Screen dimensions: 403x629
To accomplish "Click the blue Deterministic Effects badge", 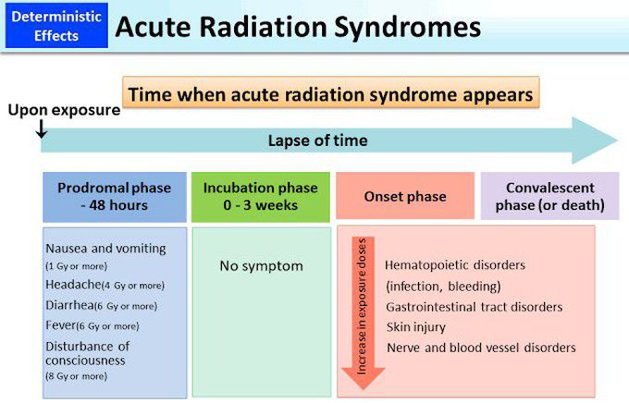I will coord(52,25).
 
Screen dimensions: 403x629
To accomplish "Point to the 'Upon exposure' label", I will coord(64,111).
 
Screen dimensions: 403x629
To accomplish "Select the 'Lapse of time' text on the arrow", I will coord(317,140).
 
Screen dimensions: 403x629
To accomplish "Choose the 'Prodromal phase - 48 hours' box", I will coord(114,196).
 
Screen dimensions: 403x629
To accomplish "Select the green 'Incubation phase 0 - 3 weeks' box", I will coord(260,196).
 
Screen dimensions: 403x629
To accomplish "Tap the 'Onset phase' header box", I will coord(404,196).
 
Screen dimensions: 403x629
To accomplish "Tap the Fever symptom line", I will coord(92,325).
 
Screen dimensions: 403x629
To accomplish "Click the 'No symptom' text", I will coord(261,266).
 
